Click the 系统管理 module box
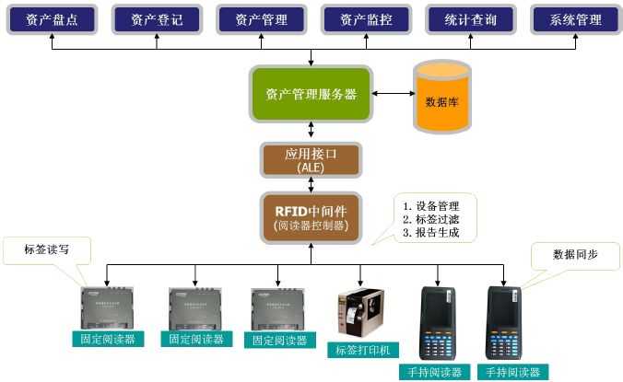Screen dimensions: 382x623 (x=575, y=19)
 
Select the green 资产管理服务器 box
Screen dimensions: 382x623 (x=311, y=93)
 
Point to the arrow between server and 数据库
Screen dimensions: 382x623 (x=393, y=93)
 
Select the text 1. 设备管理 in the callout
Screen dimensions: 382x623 (x=431, y=206)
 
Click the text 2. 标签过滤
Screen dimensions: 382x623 (x=431, y=219)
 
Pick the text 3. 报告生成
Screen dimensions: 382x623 (x=431, y=233)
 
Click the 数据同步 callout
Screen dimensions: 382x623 (x=573, y=255)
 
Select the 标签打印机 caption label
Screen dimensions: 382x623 (x=361, y=350)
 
